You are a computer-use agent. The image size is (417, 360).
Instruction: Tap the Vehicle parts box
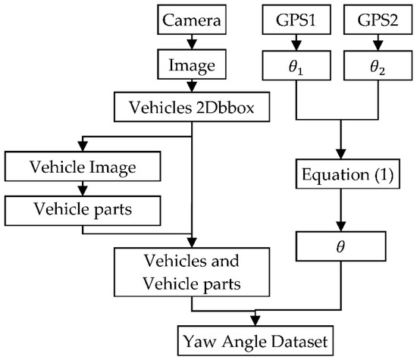(77, 206)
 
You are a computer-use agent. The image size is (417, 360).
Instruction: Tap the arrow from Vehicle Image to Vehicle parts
(77, 186)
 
